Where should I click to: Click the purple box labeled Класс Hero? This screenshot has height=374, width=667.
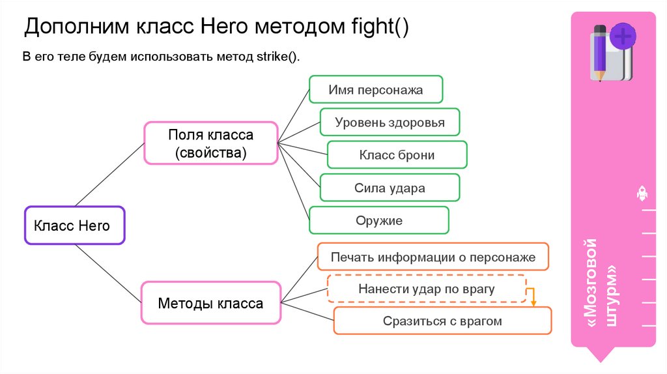[74, 225]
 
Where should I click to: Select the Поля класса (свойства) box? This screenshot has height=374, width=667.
[210, 143]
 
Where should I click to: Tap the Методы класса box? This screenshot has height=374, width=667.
[210, 303]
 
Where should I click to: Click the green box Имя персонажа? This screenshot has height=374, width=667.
[376, 90]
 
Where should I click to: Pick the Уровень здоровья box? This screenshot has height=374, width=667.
[390, 122]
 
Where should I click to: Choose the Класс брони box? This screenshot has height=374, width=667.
[397, 155]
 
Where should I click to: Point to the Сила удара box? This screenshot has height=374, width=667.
[390, 188]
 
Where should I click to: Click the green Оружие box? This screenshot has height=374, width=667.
[378, 220]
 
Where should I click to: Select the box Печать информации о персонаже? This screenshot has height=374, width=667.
[433, 257]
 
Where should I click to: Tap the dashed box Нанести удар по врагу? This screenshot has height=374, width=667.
[426, 289]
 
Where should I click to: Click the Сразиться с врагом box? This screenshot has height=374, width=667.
[442, 321]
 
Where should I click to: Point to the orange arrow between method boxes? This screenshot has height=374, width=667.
[532, 297]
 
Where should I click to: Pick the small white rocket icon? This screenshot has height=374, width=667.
[642, 193]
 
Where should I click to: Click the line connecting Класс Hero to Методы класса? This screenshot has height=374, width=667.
[108, 274]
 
